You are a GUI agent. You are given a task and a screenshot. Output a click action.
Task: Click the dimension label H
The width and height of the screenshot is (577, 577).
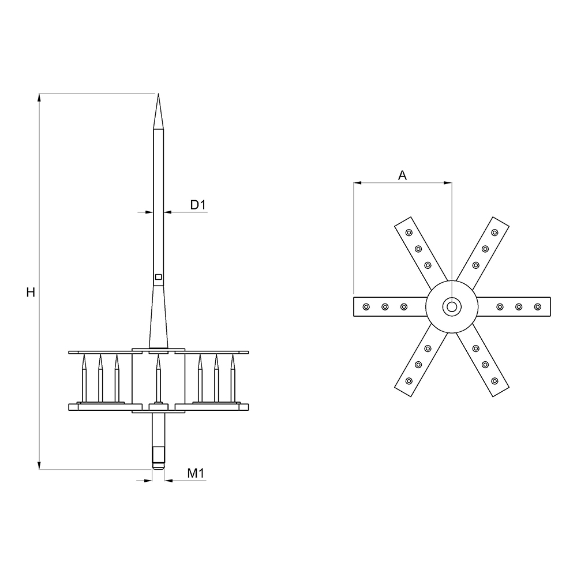(x=31, y=293)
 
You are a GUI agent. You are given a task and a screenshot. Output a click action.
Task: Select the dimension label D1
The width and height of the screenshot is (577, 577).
(x=198, y=205)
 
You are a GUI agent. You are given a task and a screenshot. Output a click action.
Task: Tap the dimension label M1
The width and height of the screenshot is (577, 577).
(x=197, y=474)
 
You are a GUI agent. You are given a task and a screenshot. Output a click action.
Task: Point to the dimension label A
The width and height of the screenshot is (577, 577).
(x=403, y=175)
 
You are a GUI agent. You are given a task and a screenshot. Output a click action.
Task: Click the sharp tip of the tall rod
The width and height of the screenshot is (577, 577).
(x=158, y=95)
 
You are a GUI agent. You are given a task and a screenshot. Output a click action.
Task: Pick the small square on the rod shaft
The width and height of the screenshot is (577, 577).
(x=158, y=278)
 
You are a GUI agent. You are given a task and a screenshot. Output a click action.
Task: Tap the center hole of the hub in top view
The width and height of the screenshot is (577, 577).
(x=451, y=306)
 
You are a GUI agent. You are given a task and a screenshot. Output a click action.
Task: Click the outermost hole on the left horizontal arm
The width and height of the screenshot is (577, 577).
(x=365, y=306)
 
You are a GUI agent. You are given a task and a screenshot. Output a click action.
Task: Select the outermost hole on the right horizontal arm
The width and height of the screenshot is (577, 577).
(x=538, y=306)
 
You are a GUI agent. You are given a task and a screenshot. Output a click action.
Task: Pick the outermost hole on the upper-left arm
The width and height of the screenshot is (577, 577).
(x=409, y=233)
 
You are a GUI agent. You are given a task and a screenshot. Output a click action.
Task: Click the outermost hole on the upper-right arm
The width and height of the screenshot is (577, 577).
(x=494, y=233)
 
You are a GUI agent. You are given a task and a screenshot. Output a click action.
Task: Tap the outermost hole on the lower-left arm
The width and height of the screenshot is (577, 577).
(x=409, y=381)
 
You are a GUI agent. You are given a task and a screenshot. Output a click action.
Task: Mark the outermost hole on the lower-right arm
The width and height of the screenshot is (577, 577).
(x=494, y=381)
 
